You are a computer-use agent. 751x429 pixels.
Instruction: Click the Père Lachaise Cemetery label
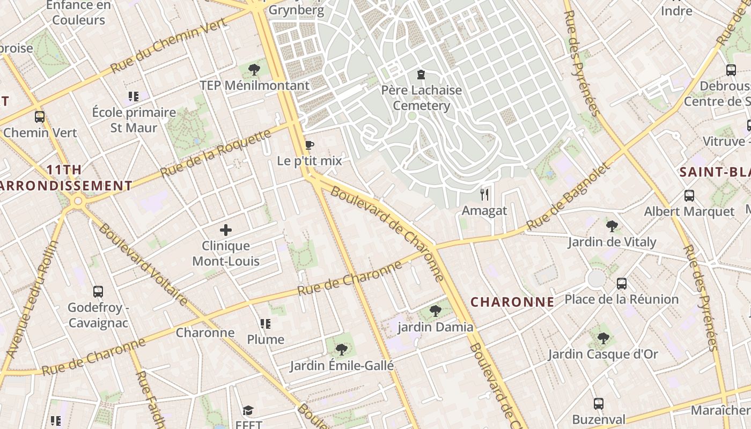tap(421, 98)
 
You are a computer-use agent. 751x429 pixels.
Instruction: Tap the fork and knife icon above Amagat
tap(484, 194)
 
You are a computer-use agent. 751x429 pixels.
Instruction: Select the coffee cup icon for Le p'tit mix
tap(309, 145)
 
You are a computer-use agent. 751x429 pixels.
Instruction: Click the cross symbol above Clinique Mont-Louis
tap(226, 230)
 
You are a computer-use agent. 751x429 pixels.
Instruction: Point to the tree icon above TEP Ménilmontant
tap(254, 69)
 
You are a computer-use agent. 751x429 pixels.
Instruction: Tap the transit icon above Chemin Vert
tap(40, 116)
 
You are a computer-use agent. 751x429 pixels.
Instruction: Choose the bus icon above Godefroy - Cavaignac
tap(98, 292)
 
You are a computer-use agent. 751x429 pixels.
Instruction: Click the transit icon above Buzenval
tap(598, 404)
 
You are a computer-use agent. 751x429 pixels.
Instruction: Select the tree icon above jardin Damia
tap(436, 311)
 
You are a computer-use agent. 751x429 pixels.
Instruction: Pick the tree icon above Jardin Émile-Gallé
tap(341, 350)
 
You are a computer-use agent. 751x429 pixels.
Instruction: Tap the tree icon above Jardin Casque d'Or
tap(603, 338)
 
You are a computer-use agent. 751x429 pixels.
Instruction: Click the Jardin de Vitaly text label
tap(612, 242)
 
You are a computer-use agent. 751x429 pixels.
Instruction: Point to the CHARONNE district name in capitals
tap(512, 302)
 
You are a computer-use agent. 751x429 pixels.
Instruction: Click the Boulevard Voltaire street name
tap(143, 264)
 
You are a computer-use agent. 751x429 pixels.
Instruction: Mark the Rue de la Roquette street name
tap(216, 153)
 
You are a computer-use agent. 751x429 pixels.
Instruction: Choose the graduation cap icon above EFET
tap(248, 410)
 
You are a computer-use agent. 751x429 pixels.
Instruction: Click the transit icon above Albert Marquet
tap(689, 196)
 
